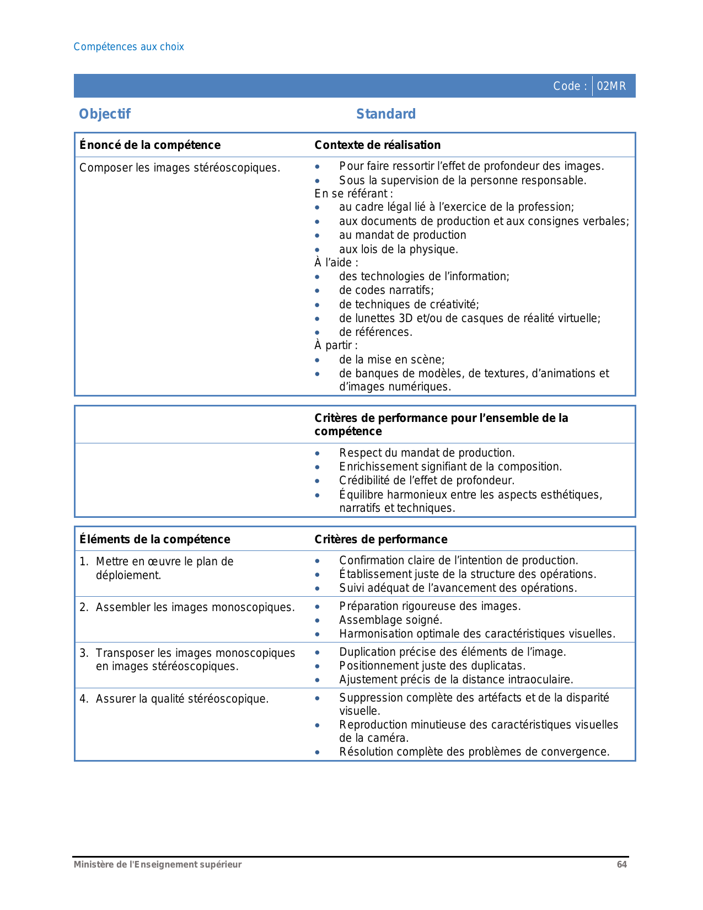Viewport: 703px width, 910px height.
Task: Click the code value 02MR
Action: click(611, 87)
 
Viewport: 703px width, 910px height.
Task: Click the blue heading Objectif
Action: click(105, 114)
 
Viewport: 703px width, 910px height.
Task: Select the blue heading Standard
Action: click(385, 114)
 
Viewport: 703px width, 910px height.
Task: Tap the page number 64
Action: click(621, 865)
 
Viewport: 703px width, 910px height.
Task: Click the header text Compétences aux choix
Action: click(128, 47)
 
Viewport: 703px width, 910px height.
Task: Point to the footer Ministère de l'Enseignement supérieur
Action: click(158, 865)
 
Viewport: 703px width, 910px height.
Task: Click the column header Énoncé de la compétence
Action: click(150, 145)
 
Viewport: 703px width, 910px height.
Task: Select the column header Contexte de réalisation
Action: click(377, 145)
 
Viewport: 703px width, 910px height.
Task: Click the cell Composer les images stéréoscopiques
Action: click(179, 168)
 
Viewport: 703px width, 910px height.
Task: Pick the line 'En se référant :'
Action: click(353, 194)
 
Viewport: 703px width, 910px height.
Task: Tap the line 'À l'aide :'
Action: click(336, 263)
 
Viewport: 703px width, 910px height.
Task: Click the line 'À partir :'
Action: click(336, 345)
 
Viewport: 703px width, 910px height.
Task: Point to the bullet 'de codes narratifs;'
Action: click(386, 291)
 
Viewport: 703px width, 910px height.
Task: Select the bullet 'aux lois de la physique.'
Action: click(398, 249)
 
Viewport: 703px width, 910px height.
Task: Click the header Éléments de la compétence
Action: click(155, 539)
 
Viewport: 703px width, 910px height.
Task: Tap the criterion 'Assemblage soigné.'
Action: click(390, 620)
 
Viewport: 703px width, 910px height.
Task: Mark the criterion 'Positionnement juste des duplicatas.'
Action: click(432, 666)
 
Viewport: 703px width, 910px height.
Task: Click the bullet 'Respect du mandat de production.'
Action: click(426, 453)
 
